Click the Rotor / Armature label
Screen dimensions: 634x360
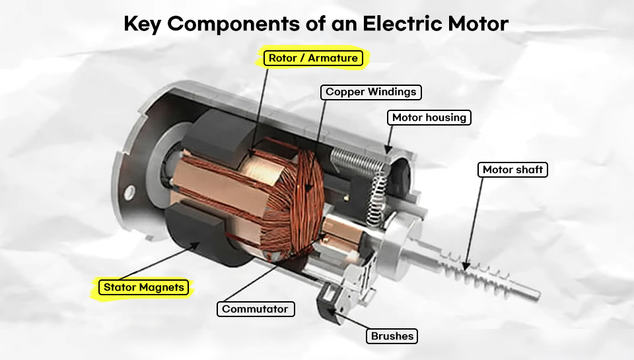coord(313,58)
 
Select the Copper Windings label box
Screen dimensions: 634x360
coord(370,92)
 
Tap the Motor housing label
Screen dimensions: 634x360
coord(429,118)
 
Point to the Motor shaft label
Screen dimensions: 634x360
coord(512,170)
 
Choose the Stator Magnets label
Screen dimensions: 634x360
coord(143,287)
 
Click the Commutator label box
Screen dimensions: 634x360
coord(256,309)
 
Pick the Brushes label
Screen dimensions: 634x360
coord(392,336)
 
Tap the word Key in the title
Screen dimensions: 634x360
coord(142,24)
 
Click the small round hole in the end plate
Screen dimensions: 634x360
coord(129,192)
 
